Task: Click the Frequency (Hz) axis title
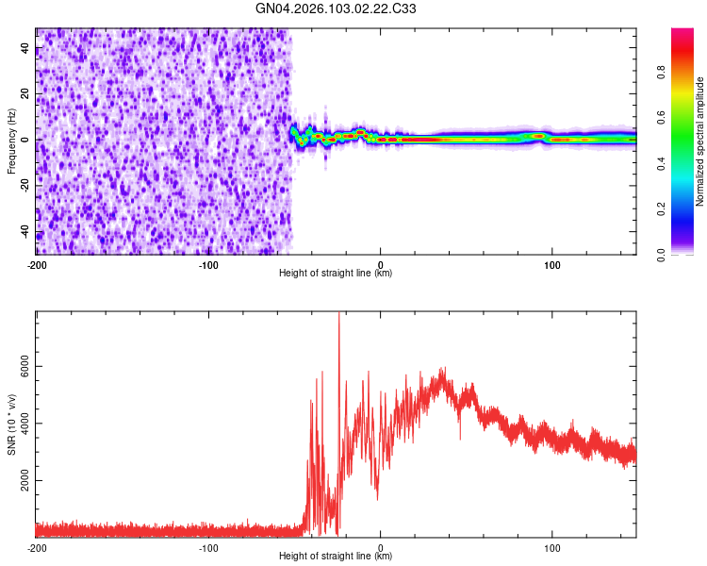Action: click(11, 141)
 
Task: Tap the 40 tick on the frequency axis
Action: click(25, 48)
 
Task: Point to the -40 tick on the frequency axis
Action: click(25, 232)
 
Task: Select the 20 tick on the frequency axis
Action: click(25, 94)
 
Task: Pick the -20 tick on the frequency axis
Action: click(25, 186)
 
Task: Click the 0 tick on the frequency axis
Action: click(25, 140)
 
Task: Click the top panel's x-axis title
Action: click(336, 274)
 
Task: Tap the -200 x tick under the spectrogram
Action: click(37, 263)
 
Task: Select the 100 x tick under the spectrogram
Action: click(552, 263)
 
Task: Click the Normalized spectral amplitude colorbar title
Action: click(700, 141)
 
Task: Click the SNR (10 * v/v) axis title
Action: click(11, 424)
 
